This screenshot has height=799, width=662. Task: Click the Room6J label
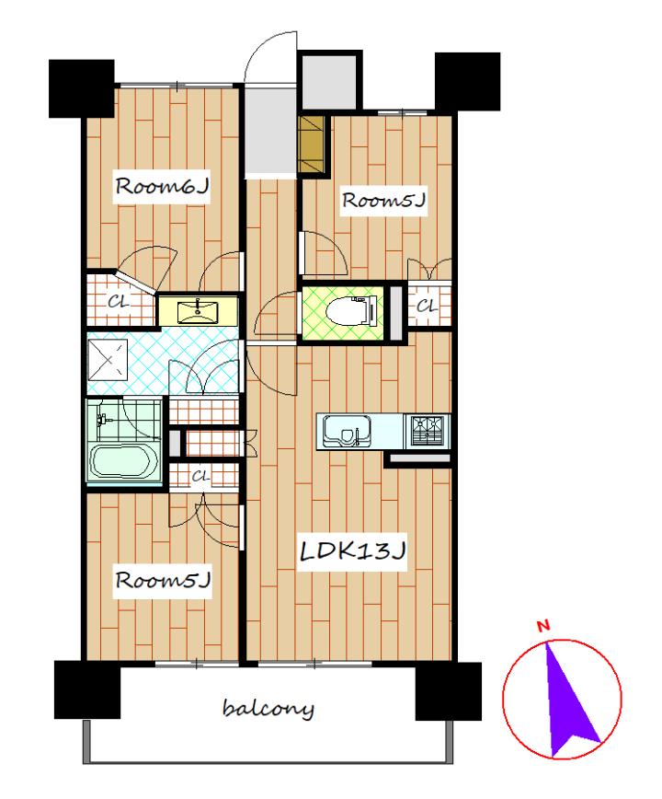pos(162,187)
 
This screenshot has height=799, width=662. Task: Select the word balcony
pos(268,709)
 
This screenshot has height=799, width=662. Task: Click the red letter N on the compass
pos(544,626)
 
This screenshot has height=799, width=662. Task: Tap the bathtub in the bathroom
pos(122,462)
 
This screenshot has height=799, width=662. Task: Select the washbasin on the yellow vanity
pos(198,312)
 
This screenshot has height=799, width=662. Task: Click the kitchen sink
pos(346,432)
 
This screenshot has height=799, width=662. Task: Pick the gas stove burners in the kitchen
pos(427,432)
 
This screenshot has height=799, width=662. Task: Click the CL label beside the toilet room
pos(427,307)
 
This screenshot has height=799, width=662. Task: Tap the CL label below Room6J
pos(118,302)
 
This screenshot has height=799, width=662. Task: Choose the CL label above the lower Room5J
pos(200,477)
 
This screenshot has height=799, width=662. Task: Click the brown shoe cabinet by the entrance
pos(312,145)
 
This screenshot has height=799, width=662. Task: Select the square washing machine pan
pos(108,360)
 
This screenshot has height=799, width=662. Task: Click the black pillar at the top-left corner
pos(82,88)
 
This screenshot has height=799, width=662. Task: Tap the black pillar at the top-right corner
pos(467,82)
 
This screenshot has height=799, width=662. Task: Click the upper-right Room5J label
pos(383,201)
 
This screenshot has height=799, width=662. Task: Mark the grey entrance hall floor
pos(270,130)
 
